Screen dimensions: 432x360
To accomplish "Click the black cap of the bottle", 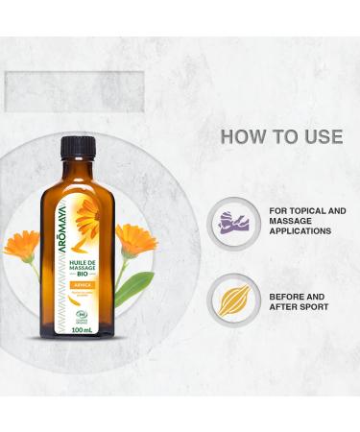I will (78, 146).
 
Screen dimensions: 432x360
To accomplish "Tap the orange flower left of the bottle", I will (21, 244).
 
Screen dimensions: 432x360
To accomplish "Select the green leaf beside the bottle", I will (135, 287).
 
